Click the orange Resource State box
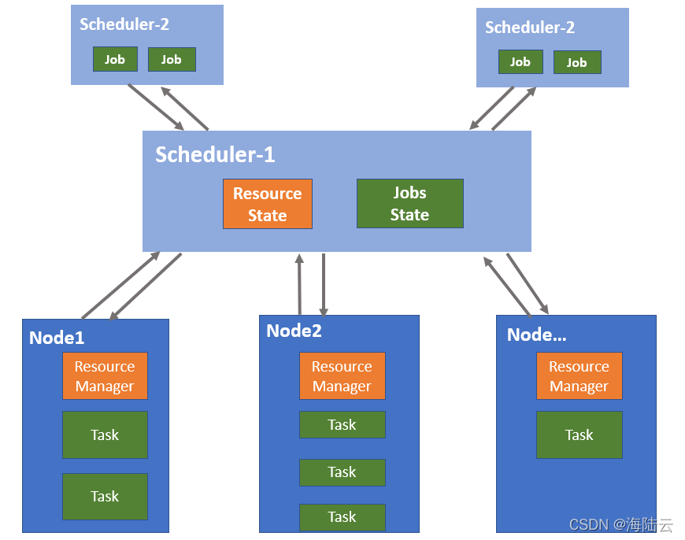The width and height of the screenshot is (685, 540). [268, 204]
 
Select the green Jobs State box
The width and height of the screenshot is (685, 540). [409, 203]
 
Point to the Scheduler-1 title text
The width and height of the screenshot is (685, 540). [215, 154]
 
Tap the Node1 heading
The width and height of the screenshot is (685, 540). [57, 338]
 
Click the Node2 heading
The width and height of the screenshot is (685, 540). [294, 331]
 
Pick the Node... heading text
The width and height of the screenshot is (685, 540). [536, 335]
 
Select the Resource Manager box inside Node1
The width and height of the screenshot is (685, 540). [105, 375]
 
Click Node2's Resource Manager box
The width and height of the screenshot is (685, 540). [342, 375]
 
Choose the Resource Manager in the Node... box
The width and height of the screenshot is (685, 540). [579, 375]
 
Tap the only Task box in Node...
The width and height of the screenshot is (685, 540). [579, 435]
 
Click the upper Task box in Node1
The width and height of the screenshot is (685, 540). [105, 435]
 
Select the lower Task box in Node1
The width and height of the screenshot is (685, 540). [105, 496]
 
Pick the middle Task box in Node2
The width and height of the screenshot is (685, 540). [342, 472]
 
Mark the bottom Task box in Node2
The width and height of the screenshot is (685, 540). [342, 517]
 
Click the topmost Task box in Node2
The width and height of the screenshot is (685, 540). [342, 424]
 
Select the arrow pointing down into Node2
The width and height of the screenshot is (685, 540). [324, 285]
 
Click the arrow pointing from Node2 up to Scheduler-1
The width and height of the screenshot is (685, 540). [300, 284]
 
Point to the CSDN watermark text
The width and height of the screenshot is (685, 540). [620, 524]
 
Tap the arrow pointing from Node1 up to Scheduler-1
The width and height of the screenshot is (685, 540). [120, 285]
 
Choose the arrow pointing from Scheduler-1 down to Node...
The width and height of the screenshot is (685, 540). [528, 283]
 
